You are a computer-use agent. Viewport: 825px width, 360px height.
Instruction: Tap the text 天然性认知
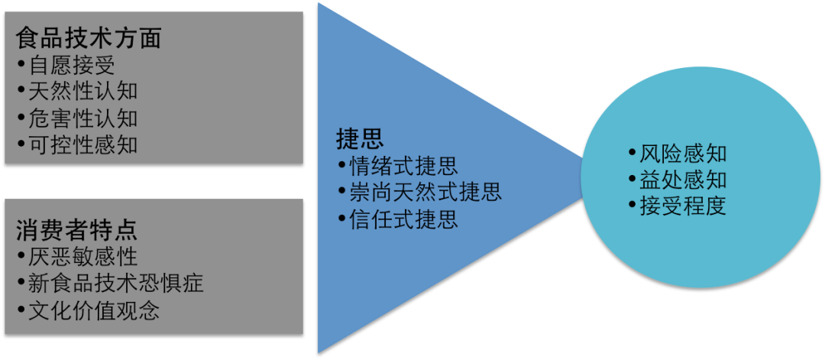click(82, 92)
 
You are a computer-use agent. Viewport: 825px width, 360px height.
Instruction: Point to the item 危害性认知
click(82, 118)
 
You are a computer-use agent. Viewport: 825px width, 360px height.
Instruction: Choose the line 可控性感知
click(82, 144)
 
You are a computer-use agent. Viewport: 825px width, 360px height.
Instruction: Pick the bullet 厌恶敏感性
click(82, 256)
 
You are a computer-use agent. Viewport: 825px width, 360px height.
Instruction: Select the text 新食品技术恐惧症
click(115, 284)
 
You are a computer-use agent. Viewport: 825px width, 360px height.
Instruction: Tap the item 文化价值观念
click(93, 311)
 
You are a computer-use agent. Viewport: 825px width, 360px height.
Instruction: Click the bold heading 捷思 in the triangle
click(360, 138)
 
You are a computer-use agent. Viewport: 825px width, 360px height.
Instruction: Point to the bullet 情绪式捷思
click(403, 165)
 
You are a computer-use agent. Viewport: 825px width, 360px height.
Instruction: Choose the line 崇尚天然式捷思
click(425, 192)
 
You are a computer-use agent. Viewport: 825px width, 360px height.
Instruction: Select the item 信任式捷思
click(403, 219)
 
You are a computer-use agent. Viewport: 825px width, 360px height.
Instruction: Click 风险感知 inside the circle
click(683, 154)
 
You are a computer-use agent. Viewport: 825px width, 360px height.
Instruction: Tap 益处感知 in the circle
click(683, 180)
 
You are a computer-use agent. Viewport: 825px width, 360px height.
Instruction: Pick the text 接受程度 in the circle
click(683, 206)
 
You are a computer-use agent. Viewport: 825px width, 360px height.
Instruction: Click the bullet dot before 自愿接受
click(21, 65)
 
